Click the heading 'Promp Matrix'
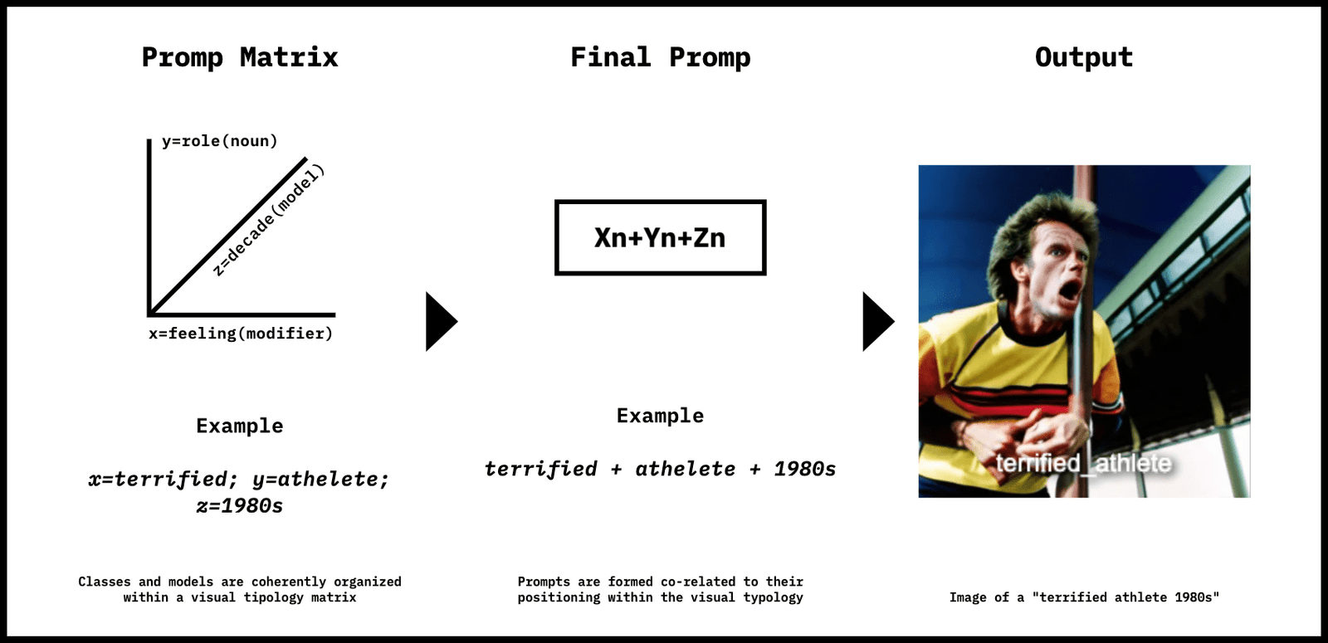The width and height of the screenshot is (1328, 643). pos(240,58)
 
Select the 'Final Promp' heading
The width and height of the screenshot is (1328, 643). pos(660,58)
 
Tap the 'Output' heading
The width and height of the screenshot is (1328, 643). pos(1084,58)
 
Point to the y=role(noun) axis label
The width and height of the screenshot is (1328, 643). pos(219,141)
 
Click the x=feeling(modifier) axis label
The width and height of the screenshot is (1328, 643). pos(241,334)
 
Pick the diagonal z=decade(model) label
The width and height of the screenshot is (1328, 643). pos(269,221)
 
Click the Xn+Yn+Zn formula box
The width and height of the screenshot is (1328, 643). pos(661,237)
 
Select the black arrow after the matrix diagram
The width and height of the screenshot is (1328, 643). pos(441,322)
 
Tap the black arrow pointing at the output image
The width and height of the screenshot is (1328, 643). pos(878,322)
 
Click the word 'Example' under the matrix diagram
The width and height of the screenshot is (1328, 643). pos(240,426)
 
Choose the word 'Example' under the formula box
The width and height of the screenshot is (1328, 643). pos(660,416)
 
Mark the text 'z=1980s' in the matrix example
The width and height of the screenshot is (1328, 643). pos(240,506)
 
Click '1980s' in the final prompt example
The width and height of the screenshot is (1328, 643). pos(804,470)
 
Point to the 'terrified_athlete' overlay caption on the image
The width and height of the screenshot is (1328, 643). pos(1083,463)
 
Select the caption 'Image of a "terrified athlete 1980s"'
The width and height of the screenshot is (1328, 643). pos(1084,597)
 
